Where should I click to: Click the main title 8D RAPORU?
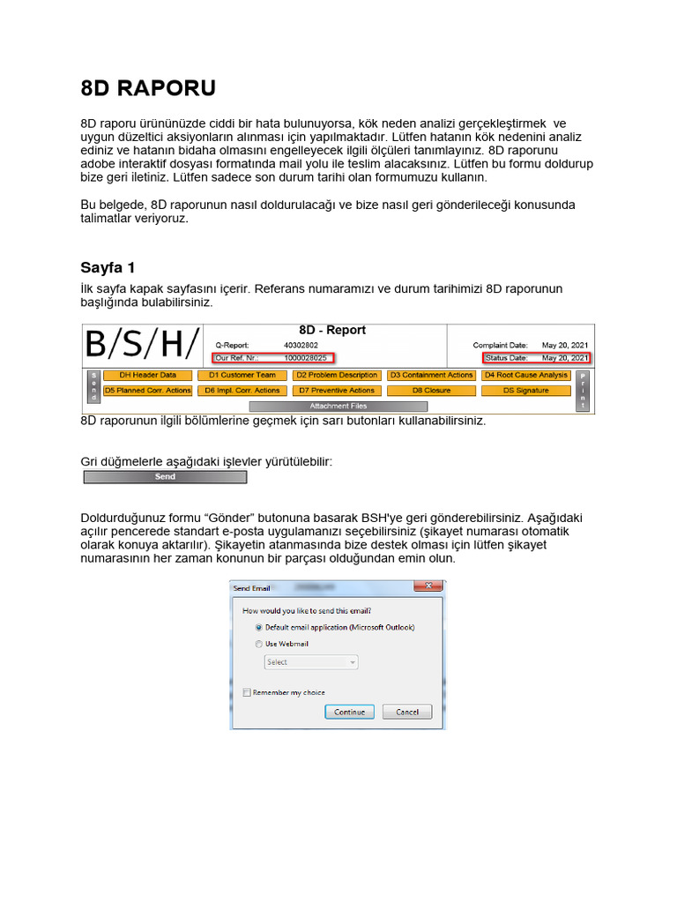147,89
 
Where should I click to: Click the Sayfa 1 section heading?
108,267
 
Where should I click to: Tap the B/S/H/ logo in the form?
141,345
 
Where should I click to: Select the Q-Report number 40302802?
301,345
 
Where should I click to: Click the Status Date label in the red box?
508,358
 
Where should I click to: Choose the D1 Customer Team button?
242,376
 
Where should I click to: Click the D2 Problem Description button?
336,376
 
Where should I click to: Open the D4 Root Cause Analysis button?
525,376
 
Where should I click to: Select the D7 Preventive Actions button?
336,391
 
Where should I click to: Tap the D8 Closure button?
430,391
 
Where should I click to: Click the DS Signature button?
525,391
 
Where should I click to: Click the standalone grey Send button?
165,477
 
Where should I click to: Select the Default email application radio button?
258,627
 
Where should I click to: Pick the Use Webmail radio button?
258,644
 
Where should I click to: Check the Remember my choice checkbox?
247,692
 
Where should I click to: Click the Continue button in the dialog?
349,712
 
